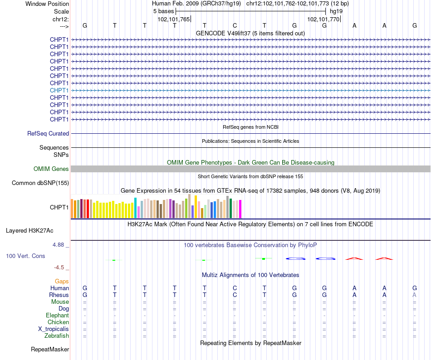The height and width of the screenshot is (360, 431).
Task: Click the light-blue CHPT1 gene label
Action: point(59,90)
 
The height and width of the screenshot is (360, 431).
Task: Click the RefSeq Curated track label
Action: point(48,133)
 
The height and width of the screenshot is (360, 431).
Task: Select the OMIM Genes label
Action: point(51,169)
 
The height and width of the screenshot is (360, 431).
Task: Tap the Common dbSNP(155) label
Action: point(40,183)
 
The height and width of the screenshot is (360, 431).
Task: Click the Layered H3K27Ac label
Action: point(29,231)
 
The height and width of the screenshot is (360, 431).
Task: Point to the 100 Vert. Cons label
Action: point(25,256)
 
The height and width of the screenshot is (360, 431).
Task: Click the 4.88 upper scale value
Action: point(58,245)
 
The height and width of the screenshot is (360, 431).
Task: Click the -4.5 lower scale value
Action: point(59,268)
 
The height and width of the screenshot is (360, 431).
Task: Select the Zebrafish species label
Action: point(57,336)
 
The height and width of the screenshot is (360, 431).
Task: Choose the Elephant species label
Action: point(58,316)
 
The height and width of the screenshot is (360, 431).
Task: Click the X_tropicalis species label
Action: point(54,329)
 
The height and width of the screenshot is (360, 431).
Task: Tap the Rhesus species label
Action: point(59,295)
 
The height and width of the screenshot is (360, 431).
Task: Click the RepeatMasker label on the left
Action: point(50,349)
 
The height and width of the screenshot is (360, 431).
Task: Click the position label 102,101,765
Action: point(174,19)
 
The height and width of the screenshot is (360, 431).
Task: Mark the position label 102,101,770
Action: point(323,19)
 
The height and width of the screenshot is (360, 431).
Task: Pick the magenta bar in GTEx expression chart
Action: point(240,209)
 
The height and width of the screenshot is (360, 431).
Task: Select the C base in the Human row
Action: point(235,288)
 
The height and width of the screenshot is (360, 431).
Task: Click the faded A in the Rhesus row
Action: point(414,295)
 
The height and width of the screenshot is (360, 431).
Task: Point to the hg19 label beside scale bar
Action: point(336,11)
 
